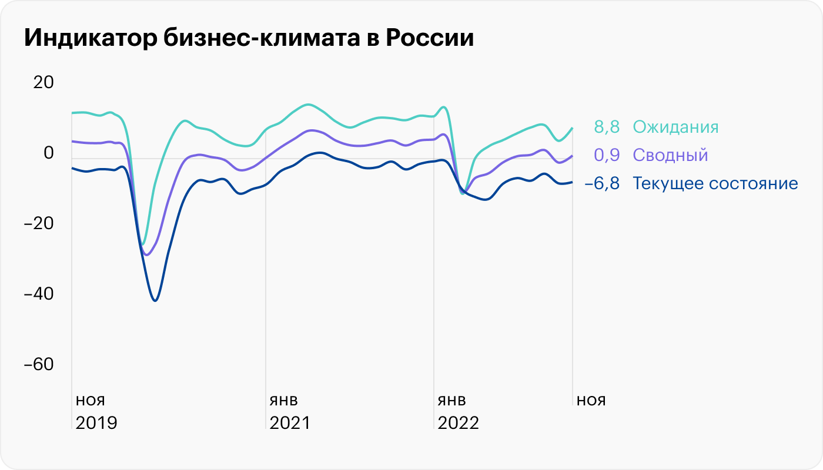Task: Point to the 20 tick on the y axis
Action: pos(43,82)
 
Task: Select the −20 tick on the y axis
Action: pos(39,223)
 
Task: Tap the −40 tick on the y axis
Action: pos(39,294)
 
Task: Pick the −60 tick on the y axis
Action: pos(39,364)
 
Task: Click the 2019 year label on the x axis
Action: pos(96,423)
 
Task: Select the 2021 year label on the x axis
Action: pos(289,423)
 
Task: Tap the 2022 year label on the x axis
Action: pos(459,423)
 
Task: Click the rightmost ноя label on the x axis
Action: pos(591,401)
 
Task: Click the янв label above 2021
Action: pos(284,401)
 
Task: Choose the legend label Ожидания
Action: pos(675,127)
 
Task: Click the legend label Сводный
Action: pos(670,155)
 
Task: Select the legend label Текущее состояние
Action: pos(715,183)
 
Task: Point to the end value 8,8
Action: pos(607,127)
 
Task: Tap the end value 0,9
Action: pos(607,155)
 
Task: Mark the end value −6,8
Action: pos(602,183)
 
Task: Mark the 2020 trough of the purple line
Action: pos(147,255)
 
